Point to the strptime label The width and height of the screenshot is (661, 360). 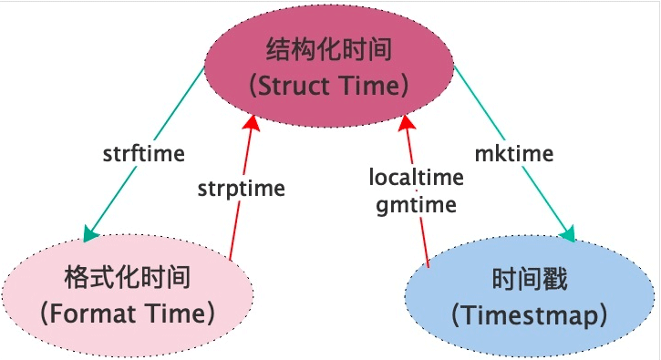point(241,189)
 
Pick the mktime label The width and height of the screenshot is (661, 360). point(514,153)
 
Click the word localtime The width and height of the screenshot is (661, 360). point(416,177)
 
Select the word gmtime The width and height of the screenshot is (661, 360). point(416,204)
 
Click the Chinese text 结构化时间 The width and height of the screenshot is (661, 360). point(329,48)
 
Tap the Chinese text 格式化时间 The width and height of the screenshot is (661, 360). point(127,276)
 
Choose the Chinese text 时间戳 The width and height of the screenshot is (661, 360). point(529,279)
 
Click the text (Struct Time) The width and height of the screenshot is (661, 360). point(329,86)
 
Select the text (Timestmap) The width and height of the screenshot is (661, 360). point(530,316)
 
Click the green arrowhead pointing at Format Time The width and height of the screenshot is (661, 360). point(90,235)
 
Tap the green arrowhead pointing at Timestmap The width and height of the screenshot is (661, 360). point(568,235)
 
